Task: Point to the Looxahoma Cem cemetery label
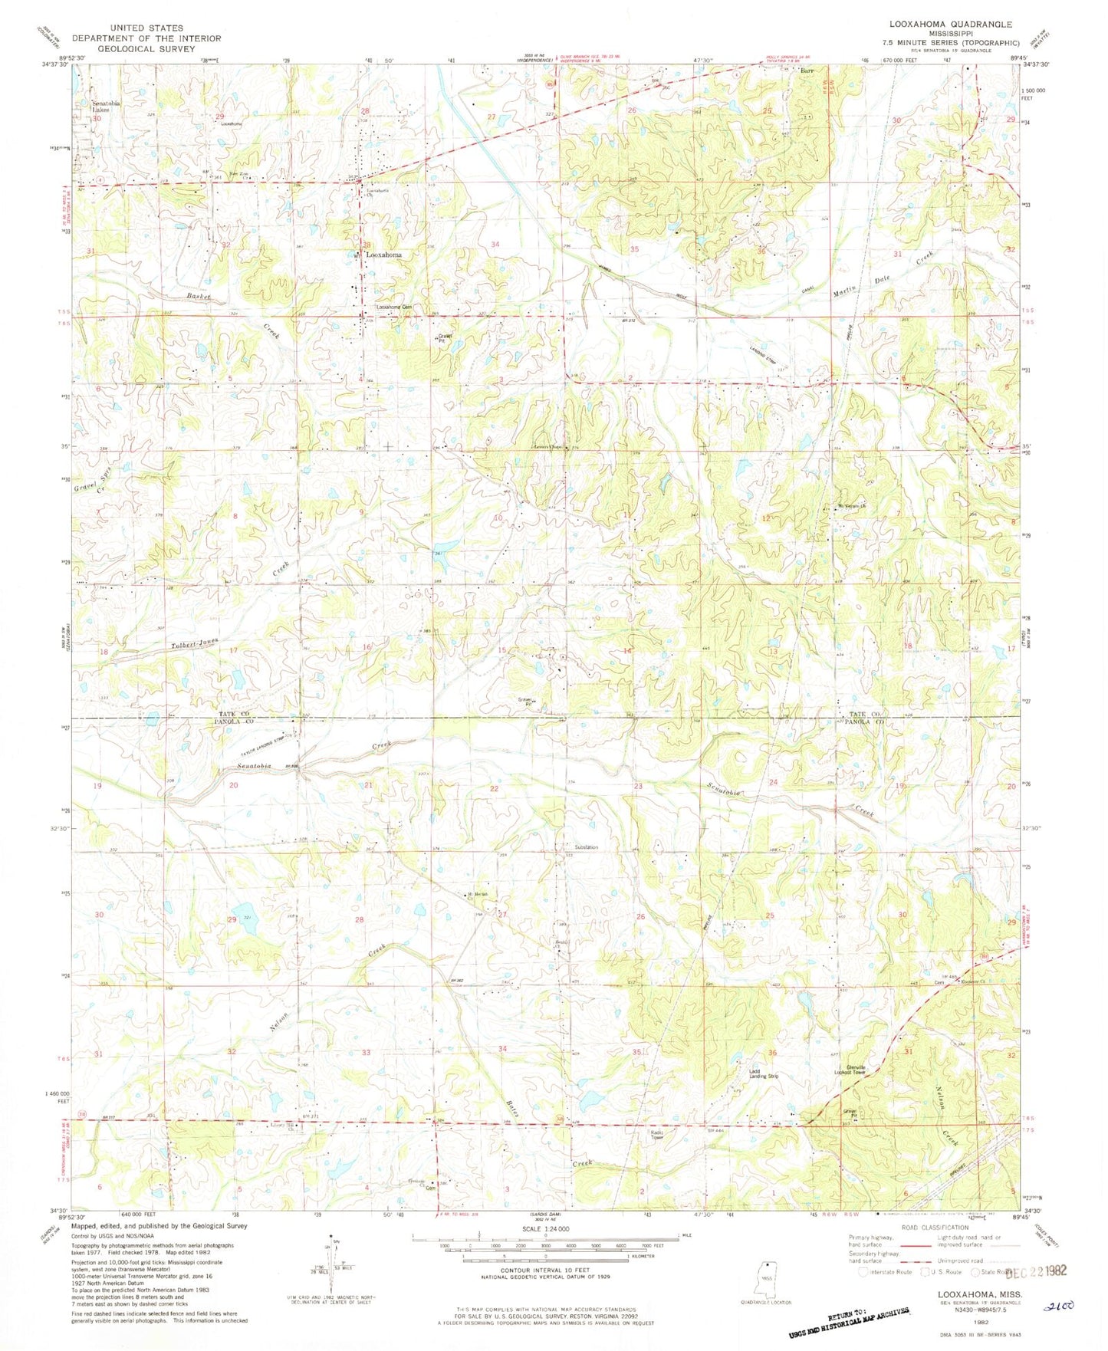(x=394, y=308)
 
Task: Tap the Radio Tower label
(x=656, y=1135)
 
